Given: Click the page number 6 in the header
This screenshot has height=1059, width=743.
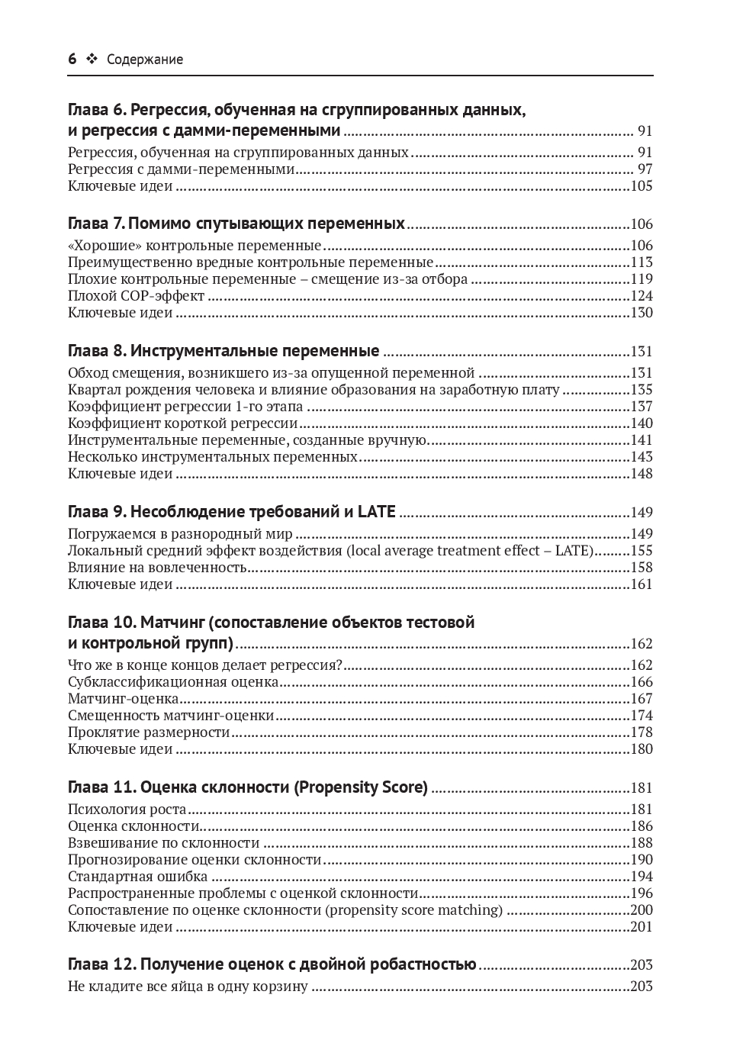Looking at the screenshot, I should [x=72, y=59].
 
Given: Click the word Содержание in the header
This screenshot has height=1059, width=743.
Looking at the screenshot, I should [x=145, y=60].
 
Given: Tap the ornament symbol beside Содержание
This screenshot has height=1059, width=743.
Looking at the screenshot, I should [x=92, y=59].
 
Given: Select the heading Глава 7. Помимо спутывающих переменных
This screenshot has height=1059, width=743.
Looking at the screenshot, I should [x=236, y=224].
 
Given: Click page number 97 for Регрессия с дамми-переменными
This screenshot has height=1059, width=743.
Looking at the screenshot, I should [x=645, y=169].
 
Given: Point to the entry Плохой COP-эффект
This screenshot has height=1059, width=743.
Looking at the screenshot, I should [x=137, y=296].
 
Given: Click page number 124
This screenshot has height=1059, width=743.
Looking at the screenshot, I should [x=642, y=296].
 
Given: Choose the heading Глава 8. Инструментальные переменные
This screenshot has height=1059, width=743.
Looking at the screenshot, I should [x=224, y=351].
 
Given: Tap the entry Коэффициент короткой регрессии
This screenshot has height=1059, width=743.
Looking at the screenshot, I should [x=182, y=423].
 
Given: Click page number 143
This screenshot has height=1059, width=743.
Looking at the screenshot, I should [x=642, y=457].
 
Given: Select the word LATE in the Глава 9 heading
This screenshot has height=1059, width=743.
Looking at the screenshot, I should [x=376, y=511].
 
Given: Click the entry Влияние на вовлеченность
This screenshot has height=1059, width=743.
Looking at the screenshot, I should [x=157, y=568].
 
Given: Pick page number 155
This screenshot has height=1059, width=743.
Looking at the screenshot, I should [x=642, y=551].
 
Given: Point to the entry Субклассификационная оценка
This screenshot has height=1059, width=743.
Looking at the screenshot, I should [x=173, y=682].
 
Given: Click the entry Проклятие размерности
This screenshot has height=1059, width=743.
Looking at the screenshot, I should [x=149, y=732].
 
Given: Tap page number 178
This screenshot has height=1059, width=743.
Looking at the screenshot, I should [x=642, y=732].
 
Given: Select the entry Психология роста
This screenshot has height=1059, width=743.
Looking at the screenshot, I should [x=127, y=810].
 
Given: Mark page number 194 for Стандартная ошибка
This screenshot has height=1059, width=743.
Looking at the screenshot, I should [x=642, y=877].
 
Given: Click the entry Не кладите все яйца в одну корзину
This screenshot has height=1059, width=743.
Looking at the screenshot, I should [x=188, y=987].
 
